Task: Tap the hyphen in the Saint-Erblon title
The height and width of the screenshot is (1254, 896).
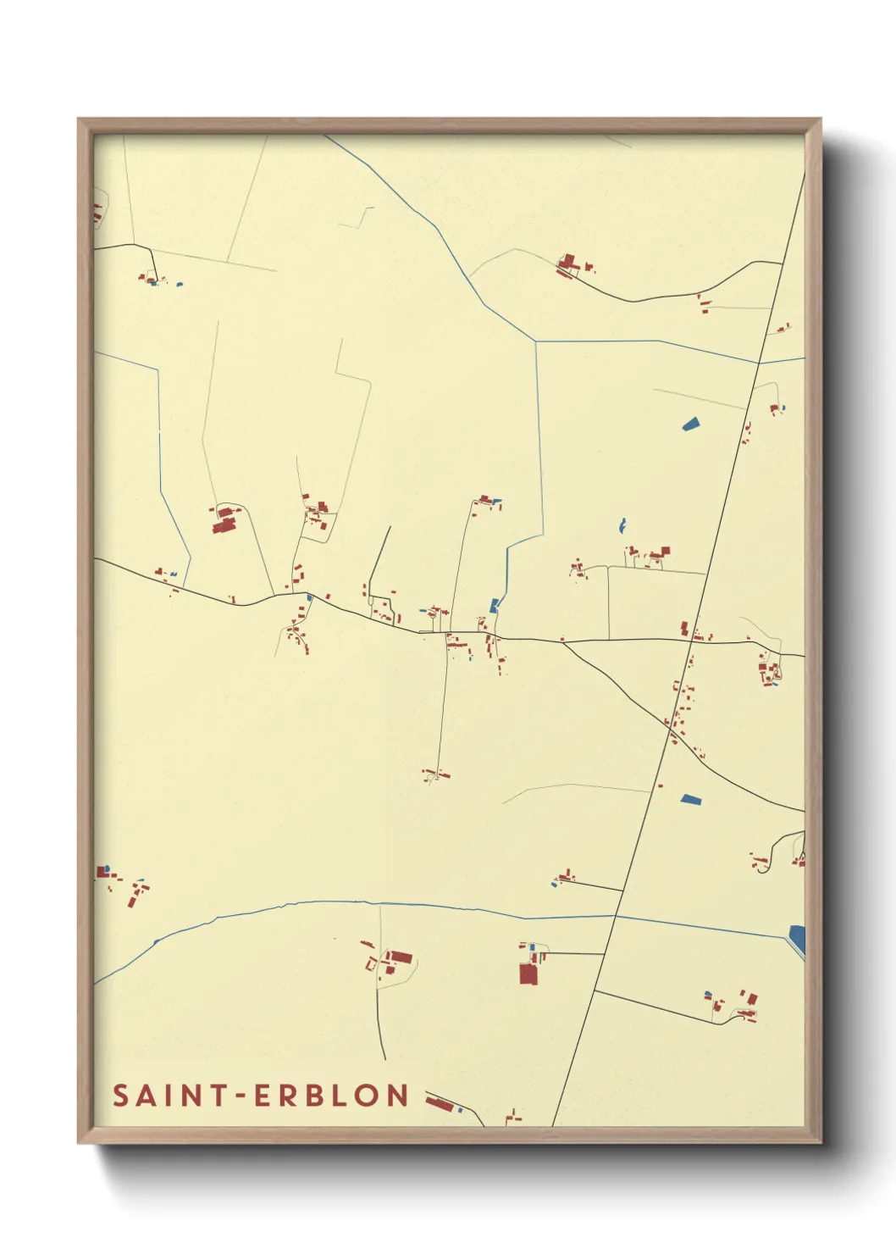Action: pos(240,1096)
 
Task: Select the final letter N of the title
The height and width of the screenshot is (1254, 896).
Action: pos(398,1096)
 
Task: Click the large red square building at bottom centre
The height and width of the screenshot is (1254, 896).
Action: pos(528,974)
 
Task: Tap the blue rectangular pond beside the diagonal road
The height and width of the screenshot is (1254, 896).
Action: pos(691,798)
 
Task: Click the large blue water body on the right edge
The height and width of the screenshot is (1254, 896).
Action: pos(797,939)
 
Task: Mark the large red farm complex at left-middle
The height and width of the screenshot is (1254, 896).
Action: pos(224,520)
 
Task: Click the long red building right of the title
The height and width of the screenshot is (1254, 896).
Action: pos(438,1102)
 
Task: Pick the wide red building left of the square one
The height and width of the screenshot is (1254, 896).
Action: pos(400,958)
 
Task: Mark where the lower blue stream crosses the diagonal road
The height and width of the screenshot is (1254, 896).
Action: pos(616,916)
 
